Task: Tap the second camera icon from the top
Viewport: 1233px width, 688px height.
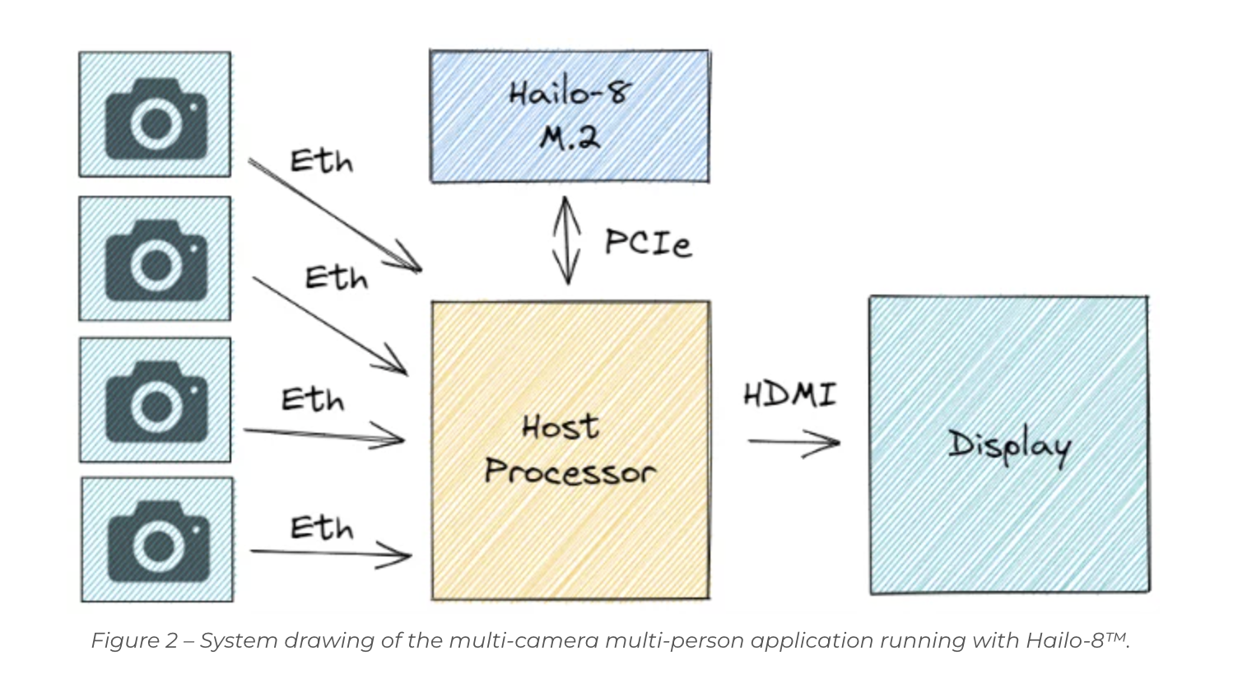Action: (156, 259)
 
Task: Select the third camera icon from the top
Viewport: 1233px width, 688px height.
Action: (156, 401)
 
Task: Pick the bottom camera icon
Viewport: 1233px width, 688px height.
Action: (158, 541)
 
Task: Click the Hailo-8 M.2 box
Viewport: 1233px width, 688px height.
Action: (569, 116)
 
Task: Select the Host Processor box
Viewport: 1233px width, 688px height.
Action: (570, 449)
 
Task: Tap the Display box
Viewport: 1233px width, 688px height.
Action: (1008, 444)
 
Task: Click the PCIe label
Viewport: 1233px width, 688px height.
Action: (647, 243)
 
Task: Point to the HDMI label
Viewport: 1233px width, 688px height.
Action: (789, 394)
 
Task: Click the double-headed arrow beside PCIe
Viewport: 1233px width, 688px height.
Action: (566, 239)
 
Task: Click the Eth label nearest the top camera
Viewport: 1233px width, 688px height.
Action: (321, 161)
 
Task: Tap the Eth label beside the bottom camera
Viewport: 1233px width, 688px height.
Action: (321, 528)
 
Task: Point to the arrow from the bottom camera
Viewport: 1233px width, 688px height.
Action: (329, 554)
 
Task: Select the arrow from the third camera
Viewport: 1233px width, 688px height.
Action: (323, 435)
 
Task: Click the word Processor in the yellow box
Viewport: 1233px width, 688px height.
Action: (570, 472)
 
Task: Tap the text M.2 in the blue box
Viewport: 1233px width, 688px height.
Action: (570, 137)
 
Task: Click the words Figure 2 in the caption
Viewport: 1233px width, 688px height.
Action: (134, 640)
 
